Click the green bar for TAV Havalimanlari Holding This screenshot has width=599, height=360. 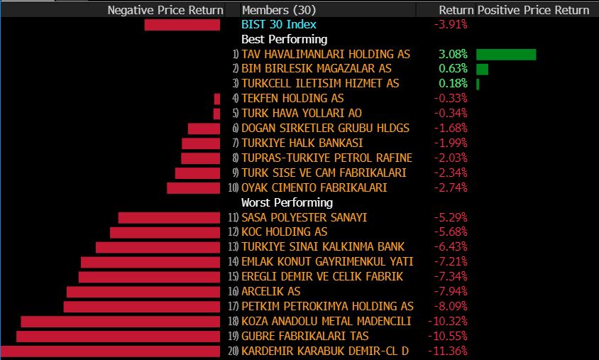506,55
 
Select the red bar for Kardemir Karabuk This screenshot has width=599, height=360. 110,351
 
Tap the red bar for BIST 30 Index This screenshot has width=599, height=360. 182,25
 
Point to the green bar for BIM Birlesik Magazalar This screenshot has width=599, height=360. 482,69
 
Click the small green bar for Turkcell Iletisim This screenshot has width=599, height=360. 478,84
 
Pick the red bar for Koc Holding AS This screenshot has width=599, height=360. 165,232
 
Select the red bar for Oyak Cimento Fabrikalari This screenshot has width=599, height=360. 193,187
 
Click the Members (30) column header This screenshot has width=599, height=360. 278,10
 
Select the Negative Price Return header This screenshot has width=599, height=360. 165,10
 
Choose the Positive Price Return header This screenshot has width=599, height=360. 533,10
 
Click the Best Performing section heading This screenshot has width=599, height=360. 284,40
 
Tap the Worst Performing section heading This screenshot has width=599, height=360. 287,202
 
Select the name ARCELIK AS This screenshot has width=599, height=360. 270,291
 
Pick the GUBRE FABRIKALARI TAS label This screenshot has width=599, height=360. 305,336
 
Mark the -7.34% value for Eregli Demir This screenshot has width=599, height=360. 451,276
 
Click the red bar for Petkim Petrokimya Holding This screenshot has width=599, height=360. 142,306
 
